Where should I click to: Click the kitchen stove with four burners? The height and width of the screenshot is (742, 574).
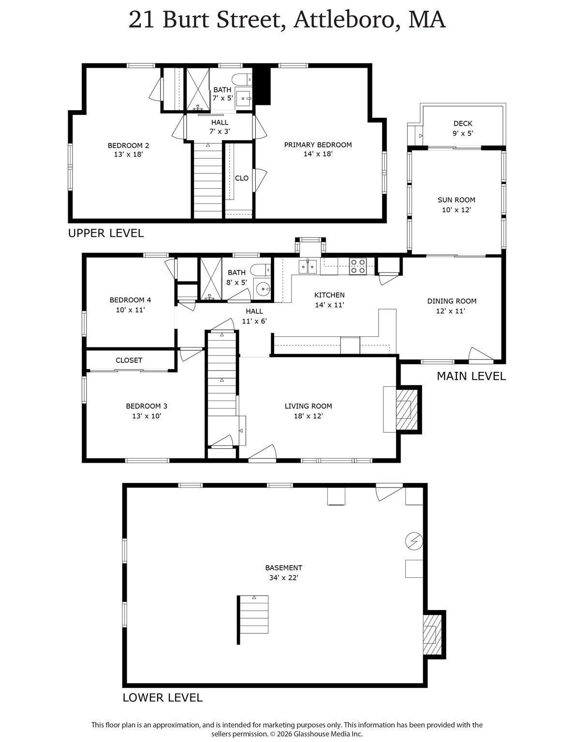(357, 266)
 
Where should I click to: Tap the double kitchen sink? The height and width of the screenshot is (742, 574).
(308, 267)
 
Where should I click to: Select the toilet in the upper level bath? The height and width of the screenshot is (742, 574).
(242, 80)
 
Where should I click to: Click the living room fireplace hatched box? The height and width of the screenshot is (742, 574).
(407, 410)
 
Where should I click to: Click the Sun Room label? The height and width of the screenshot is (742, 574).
(456, 200)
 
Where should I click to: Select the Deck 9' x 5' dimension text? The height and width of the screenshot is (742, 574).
(463, 133)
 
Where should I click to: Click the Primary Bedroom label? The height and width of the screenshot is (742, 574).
(318, 145)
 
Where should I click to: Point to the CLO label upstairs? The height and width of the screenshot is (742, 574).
(242, 178)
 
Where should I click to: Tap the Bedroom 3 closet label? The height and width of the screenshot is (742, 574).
(129, 360)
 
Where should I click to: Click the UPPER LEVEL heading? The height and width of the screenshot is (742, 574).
(106, 233)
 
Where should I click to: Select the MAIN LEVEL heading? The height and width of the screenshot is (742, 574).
(471, 376)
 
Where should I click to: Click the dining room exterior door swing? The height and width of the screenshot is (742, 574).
(481, 355)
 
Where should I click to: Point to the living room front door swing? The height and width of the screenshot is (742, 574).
(262, 453)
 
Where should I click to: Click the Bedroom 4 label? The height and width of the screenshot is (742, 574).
(130, 300)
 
